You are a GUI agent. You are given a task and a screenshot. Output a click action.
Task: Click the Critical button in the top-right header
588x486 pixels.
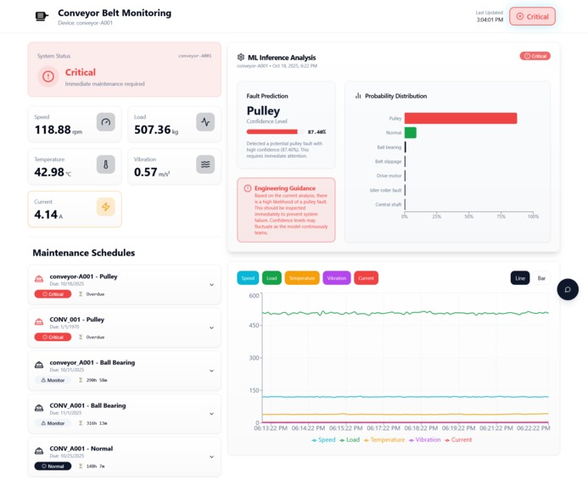coord(532,16)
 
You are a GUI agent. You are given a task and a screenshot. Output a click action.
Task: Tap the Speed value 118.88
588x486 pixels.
coord(53,130)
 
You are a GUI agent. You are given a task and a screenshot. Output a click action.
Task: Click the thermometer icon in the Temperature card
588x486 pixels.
coord(105,165)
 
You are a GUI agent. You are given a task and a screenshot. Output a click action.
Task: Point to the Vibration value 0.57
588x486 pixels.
coord(146,172)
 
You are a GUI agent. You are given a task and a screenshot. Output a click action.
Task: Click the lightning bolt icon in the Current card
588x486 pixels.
coord(105,207)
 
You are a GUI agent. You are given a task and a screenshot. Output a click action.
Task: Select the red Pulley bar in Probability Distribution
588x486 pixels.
coord(460,119)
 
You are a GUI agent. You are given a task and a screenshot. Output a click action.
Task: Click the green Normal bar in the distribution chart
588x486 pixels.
coord(410,132)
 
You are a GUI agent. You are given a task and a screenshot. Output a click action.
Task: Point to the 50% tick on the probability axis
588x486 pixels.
coord(468,216)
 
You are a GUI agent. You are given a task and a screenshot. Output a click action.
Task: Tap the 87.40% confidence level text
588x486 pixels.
coord(316,132)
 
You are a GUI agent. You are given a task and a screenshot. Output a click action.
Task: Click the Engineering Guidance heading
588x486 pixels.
coord(284,188)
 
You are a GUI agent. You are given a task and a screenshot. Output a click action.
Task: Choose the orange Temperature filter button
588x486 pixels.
coord(301,278)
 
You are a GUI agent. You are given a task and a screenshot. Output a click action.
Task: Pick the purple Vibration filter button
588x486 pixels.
coord(336,278)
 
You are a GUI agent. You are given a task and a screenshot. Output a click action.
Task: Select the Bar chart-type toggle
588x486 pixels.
coord(541,278)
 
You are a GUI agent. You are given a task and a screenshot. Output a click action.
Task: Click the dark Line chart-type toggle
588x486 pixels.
coord(519,278)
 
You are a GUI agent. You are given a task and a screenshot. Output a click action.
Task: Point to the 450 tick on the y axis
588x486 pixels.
coord(254,327)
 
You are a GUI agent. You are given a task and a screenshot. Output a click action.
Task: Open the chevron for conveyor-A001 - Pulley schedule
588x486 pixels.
coord(211,285)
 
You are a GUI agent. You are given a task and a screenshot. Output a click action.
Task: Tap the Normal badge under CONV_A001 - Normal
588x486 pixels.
coord(53,466)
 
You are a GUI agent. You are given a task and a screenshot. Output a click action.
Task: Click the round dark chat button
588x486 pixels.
coord(568,289)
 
